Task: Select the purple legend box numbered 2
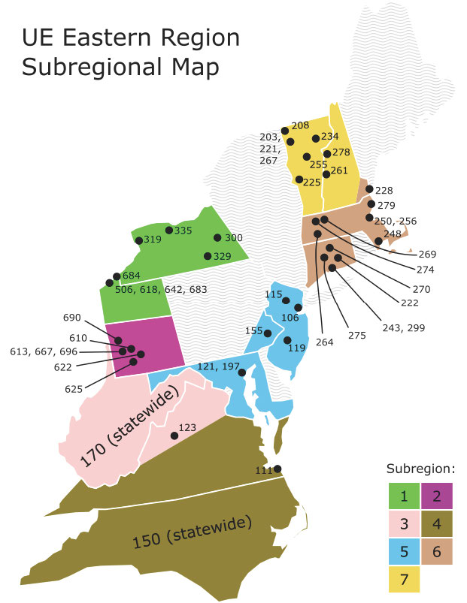tap(437, 496)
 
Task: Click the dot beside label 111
tap(277, 469)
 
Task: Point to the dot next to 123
tap(174, 436)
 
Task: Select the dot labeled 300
tap(217, 238)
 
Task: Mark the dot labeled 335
tap(168, 230)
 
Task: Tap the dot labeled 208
tap(284, 130)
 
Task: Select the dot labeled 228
tap(369, 190)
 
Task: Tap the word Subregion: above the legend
tap(420, 469)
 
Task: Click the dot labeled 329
tap(208, 256)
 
